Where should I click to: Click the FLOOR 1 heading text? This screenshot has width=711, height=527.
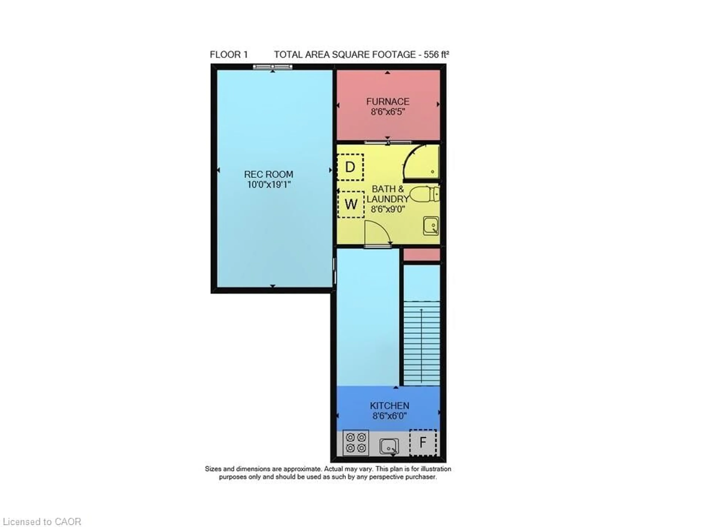(229, 54)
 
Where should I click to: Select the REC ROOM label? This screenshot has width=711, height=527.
(268, 174)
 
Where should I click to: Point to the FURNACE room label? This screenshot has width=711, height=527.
(387, 102)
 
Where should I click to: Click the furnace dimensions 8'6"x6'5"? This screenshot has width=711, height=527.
(387, 112)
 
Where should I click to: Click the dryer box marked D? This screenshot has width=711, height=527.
(350, 167)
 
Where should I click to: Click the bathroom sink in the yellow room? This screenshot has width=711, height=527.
(431, 226)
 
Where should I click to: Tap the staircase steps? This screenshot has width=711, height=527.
(421, 343)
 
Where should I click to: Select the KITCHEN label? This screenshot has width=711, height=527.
(389, 406)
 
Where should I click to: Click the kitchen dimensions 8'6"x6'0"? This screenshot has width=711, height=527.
(389, 416)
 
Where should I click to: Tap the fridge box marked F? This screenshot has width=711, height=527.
(423, 443)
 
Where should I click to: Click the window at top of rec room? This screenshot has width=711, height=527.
(273, 67)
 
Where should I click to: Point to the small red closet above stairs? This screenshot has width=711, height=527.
(421, 255)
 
